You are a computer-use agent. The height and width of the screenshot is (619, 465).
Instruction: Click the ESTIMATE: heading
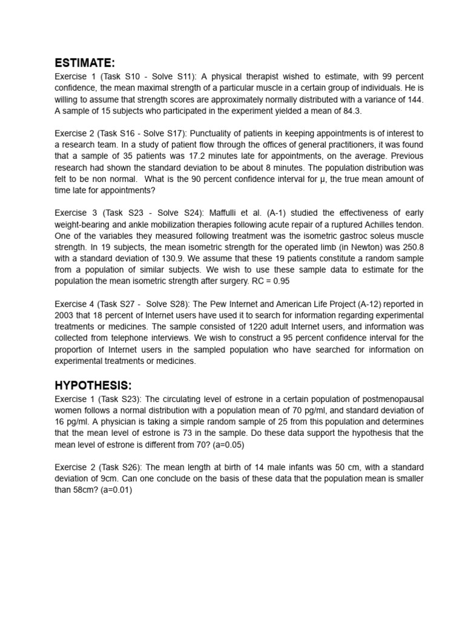(x=84, y=63)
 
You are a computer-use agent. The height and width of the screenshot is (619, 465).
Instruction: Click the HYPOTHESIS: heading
(x=93, y=386)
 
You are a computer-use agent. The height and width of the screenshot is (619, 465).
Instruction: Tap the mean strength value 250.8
(x=412, y=247)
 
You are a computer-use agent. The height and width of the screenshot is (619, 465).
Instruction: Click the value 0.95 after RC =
(x=279, y=281)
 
